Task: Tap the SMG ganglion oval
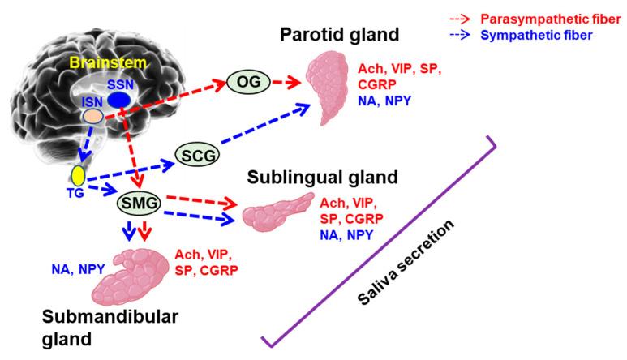[140, 201]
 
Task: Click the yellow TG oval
[79, 174]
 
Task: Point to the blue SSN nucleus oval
[120, 98]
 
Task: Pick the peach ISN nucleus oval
[93, 117]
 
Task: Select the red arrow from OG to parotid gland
[285, 80]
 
